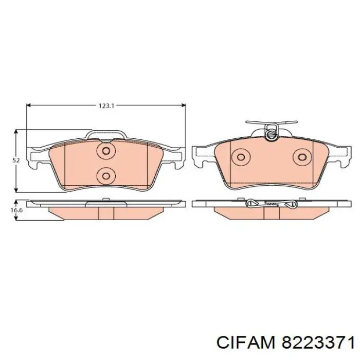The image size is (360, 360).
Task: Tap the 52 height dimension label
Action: coord(16,160)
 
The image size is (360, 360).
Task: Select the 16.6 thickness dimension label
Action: coord(17,210)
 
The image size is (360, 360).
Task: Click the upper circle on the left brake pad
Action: coord(106,151)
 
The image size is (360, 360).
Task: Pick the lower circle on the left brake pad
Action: coord(106,175)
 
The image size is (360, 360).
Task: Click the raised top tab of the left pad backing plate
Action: coord(106,135)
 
